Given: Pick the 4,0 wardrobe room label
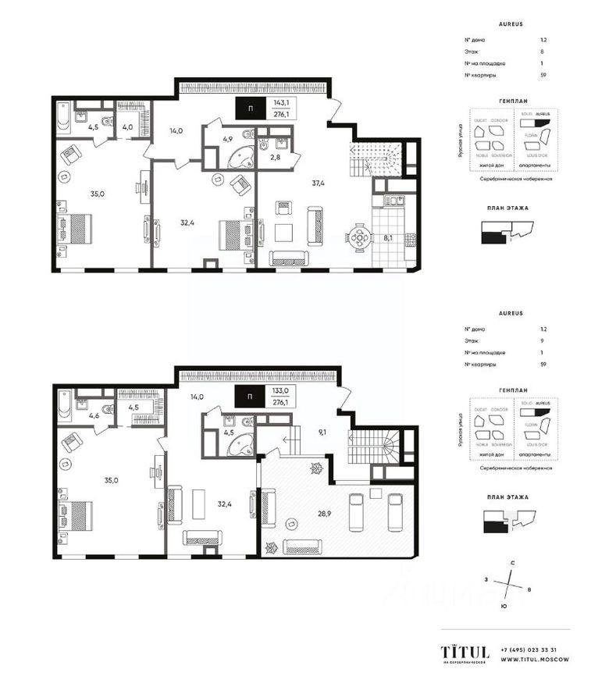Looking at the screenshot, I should pyautogui.click(x=127, y=126).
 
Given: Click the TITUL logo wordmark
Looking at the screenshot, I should pyautogui.click(x=465, y=651).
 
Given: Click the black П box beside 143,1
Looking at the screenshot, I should pyautogui.click(x=249, y=108).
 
